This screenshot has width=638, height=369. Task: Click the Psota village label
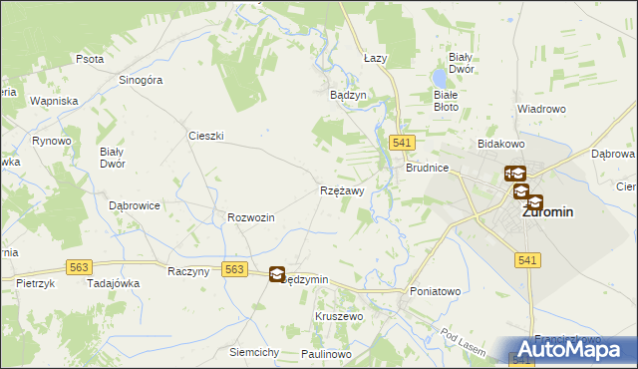[x=90, y=59]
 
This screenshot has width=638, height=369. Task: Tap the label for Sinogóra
[x=141, y=82]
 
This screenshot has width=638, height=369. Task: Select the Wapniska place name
[x=54, y=102]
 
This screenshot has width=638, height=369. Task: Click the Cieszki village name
[x=205, y=135]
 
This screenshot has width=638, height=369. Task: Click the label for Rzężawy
[x=342, y=189]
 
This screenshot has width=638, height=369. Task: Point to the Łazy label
[x=375, y=59]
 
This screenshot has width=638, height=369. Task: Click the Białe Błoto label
[x=446, y=100]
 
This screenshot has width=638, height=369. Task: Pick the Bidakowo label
[x=501, y=145]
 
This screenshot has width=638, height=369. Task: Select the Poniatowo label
[x=436, y=291]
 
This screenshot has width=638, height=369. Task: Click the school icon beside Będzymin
[x=277, y=274]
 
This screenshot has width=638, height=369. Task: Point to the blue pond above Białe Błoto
[x=439, y=75]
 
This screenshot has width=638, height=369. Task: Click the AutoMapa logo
[x=575, y=350]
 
